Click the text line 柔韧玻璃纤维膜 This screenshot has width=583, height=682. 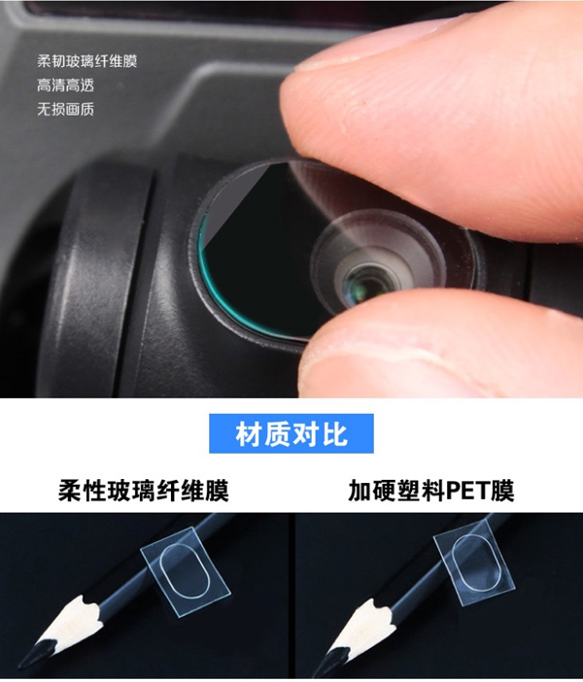tap(87, 61)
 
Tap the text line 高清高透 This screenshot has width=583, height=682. tap(65, 85)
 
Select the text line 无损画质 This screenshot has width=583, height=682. tap(65, 109)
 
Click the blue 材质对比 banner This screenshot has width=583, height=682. tap(291, 433)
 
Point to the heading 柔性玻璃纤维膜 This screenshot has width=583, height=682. tap(144, 491)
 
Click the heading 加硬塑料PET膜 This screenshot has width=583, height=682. tap(431, 491)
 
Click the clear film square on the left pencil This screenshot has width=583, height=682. tap(186, 570)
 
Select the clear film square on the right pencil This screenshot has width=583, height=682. tap(475, 565)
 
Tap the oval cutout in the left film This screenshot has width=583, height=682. tap(185, 570)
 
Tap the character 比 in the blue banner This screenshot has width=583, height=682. tap(335, 433)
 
